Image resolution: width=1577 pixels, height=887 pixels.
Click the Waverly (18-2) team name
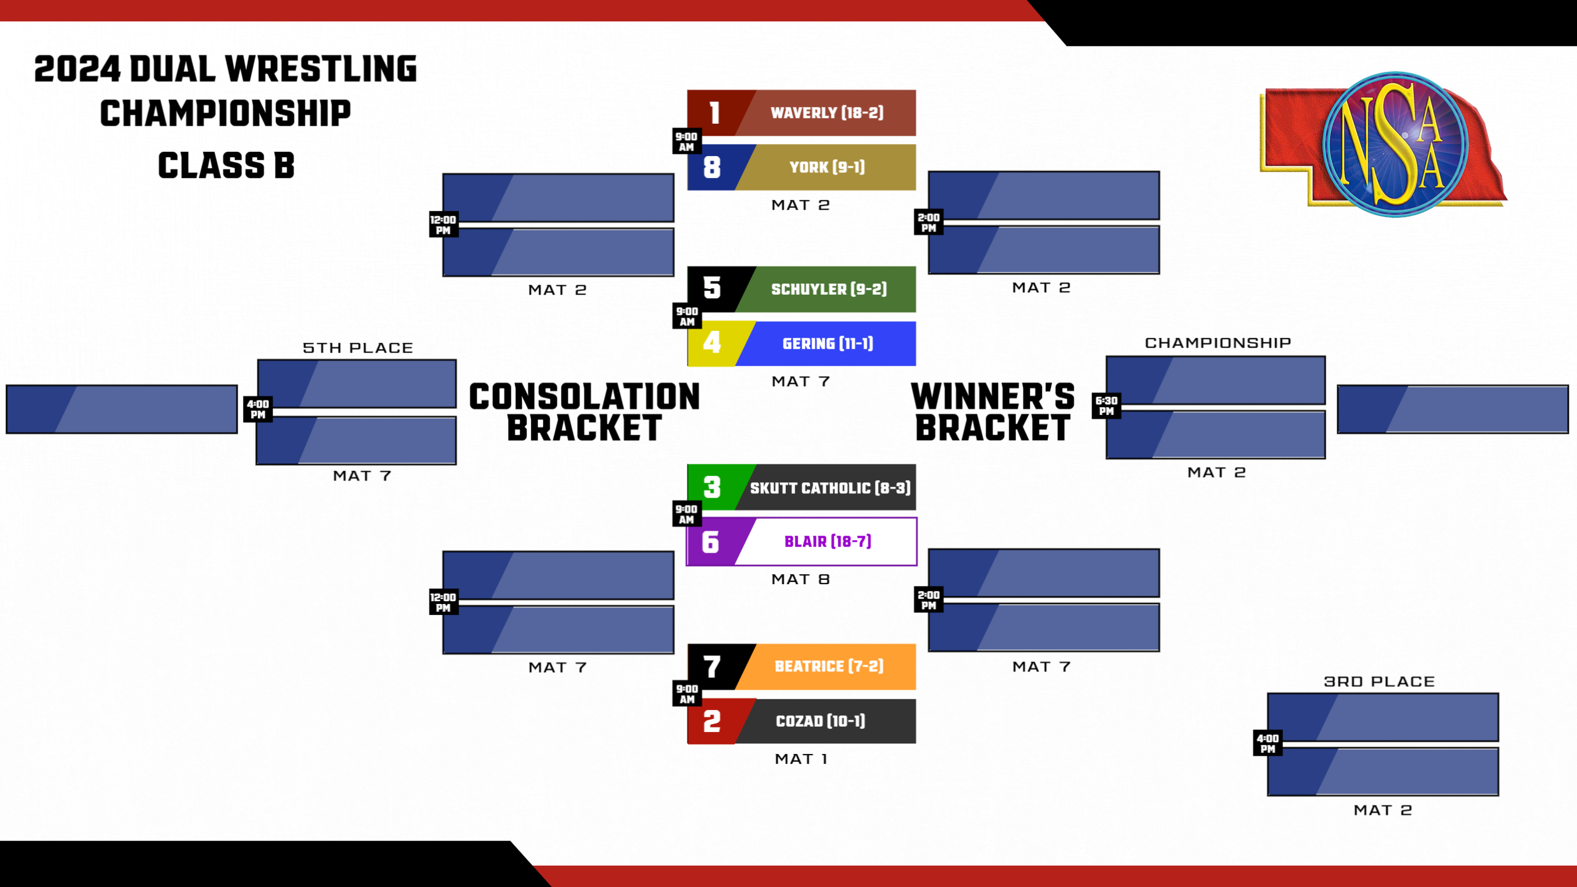point(826,113)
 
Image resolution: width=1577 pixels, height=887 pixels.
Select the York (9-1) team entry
point(826,167)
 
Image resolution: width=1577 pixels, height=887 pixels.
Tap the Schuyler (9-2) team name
point(828,289)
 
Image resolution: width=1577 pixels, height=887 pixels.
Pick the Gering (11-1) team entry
point(828,343)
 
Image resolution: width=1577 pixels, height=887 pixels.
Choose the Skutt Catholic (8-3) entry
point(830,488)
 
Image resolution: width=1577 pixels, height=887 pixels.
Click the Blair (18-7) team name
point(828,542)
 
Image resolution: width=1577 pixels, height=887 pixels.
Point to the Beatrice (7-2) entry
point(829,666)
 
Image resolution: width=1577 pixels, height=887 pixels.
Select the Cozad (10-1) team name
point(820,721)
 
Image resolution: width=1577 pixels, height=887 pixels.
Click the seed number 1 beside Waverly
point(714,113)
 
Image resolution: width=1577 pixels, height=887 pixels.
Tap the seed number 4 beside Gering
point(711,343)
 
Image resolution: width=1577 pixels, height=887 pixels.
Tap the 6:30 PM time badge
point(1106,406)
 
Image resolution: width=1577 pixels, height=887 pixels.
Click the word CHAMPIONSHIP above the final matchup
point(1218,343)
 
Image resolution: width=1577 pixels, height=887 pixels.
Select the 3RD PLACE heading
point(1379,681)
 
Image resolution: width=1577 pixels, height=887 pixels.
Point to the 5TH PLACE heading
point(358,348)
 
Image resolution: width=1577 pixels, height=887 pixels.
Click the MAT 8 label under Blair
point(800,579)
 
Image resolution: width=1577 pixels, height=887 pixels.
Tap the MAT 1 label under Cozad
point(801,759)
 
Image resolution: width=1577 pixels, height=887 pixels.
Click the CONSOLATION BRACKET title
point(584,412)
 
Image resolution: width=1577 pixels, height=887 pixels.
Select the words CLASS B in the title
point(226,166)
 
